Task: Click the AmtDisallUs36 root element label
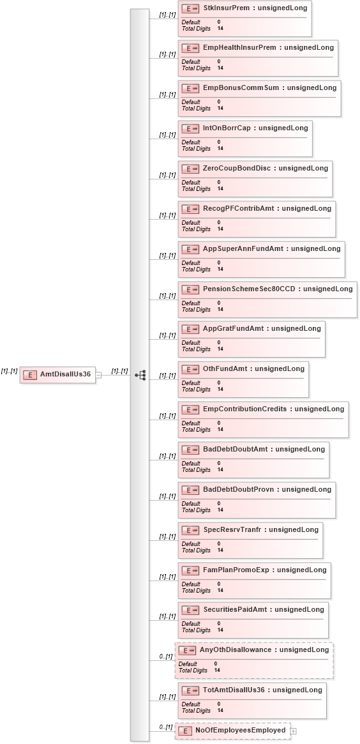(66, 374)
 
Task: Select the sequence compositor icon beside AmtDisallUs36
(140, 375)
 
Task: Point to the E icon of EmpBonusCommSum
(190, 88)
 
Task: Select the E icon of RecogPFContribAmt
(190, 209)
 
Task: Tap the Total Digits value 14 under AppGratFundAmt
(221, 349)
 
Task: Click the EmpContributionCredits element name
(244, 409)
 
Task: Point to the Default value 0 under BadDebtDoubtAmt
(219, 464)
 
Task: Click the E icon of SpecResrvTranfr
(190, 530)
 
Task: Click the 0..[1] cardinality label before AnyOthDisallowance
(165, 657)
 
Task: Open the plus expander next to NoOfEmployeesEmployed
(293, 731)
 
